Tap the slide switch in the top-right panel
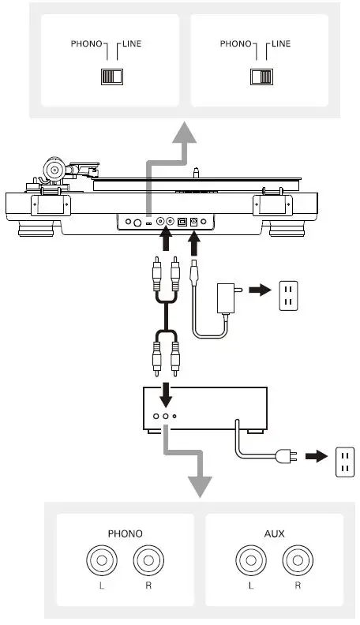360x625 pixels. [x=260, y=77]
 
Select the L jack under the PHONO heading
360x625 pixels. [x=99, y=562]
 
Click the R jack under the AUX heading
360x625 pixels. [x=297, y=562]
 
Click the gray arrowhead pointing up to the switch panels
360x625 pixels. [x=184, y=132]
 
